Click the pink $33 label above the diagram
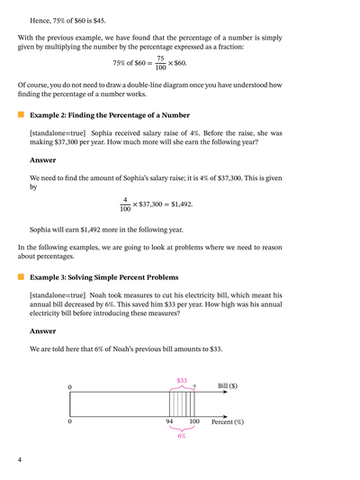(182, 381)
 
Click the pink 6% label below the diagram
(182, 436)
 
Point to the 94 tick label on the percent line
(169, 421)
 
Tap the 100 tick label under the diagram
(194, 421)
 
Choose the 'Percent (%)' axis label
(228, 421)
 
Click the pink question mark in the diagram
(193, 387)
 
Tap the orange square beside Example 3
(21, 276)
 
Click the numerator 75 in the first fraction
(161, 58)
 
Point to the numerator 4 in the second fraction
(125, 199)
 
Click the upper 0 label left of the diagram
(69, 387)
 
